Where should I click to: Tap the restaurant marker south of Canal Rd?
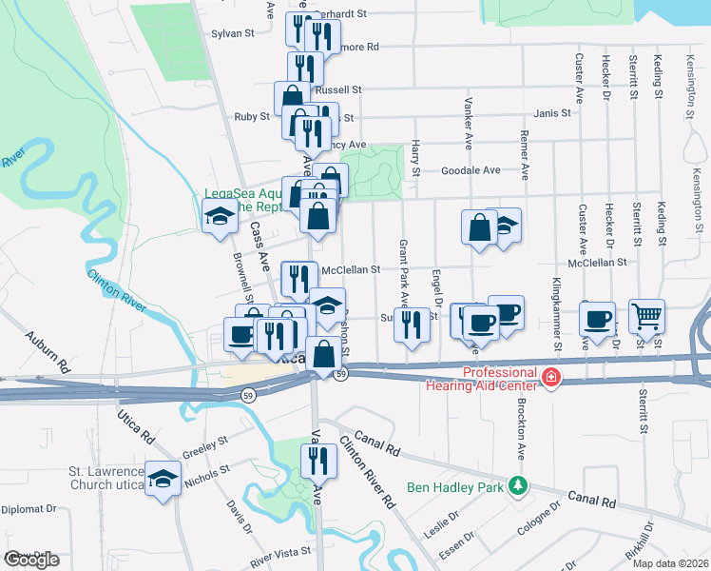click(x=318, y=462)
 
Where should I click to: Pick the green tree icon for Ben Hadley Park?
click(x=517, y=486)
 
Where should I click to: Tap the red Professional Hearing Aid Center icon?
click(x=549, y=379)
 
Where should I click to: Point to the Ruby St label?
click(x=252, y=116)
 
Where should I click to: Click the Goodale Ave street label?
click(x=471, y=170)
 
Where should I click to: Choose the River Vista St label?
click(x=280, y=552)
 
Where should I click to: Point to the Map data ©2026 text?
click(x=669, y=563)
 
